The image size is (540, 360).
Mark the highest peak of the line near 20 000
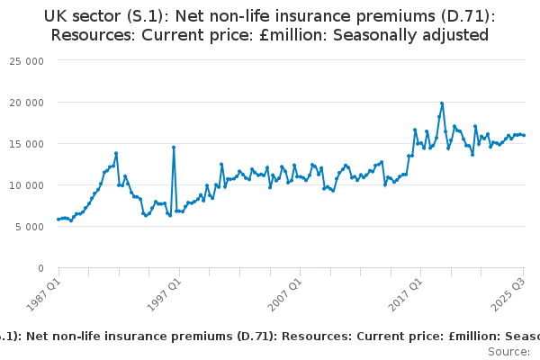[x=442, y=103]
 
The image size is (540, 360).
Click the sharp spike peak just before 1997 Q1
[x=174, y=147]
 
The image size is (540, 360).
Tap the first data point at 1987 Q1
[x=58, y=219]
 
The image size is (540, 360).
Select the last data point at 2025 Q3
[x=524, y=135]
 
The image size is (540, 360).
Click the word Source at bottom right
[x=508, y=352]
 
